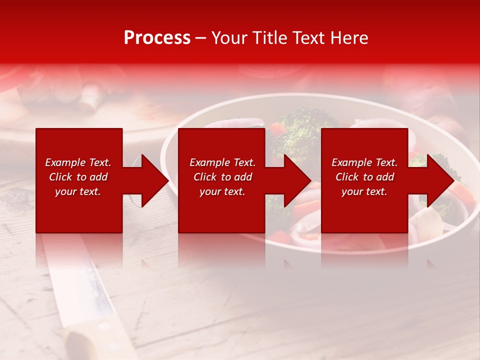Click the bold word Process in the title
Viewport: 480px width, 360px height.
(157, 38)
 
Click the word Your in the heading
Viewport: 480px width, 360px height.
(229, 38)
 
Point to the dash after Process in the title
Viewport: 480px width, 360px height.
(200, 38)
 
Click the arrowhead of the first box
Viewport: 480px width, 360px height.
(152, 180)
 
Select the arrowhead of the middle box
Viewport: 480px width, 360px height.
(295, 180)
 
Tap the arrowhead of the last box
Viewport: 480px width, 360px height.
(438, 180)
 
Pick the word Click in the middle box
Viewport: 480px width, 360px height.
(204, 177)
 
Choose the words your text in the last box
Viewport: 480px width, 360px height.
(364, 191)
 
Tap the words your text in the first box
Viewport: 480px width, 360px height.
(77, 191)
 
